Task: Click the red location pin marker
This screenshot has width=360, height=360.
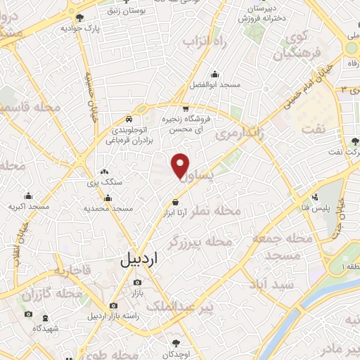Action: point(181,165)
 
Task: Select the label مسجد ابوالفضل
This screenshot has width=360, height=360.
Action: point(215,84)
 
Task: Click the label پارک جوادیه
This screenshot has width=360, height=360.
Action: point(80,29)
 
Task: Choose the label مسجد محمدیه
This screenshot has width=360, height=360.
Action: point(108,208)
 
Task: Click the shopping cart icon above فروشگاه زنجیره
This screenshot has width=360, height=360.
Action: point(185,109)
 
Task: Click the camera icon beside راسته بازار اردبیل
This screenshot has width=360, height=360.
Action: point(113,306)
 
